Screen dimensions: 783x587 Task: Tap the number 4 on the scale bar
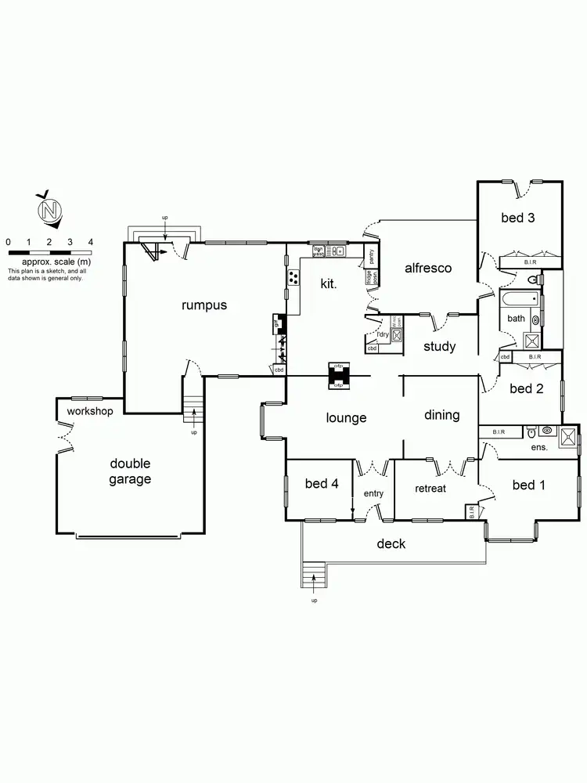coord(91,242)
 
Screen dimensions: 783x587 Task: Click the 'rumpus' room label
coord(204,305)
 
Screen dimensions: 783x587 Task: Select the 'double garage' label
coord(130,471)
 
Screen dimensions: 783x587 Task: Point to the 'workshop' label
coord(90,411)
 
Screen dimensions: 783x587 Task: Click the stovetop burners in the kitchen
coord(294,276)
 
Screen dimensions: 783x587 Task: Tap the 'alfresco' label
coord(428,268)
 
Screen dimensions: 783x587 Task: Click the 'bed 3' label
coord(518,218)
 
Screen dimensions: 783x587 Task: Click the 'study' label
coord(440,347)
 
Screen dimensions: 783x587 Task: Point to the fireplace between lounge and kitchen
coord(339,376)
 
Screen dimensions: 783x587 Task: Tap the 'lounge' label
coord(346,418)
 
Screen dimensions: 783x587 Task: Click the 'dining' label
coord(441,415)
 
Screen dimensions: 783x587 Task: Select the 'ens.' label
coord(539,447)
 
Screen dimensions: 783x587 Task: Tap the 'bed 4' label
coord(321,483)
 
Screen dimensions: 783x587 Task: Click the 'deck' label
coord(391,543)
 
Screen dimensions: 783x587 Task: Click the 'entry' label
coord(373,493)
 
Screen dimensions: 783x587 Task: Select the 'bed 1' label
coord(528,485)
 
